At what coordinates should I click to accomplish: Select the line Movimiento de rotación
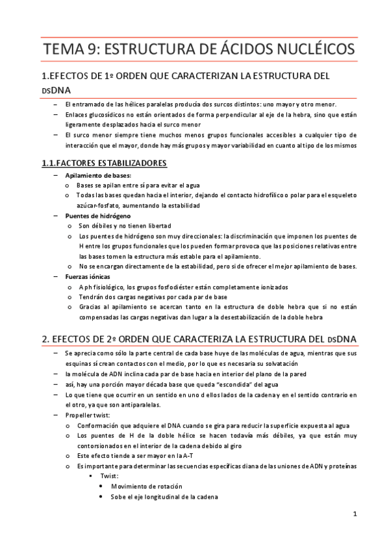(147, 486)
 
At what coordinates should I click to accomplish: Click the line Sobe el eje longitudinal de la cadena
(164, 496)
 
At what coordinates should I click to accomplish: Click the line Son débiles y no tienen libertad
(125, 226)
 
